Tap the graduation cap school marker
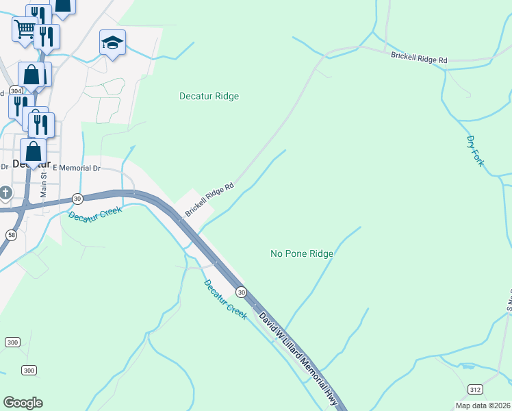112,43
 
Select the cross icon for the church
5,192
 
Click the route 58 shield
12,235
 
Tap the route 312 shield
475,388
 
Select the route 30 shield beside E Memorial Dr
78,198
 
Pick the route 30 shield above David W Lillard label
241,292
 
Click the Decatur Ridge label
209,97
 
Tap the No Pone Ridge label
302,253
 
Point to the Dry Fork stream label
475,151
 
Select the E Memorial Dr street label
76,168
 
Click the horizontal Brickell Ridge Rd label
419,58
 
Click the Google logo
23,403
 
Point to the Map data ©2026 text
483,406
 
